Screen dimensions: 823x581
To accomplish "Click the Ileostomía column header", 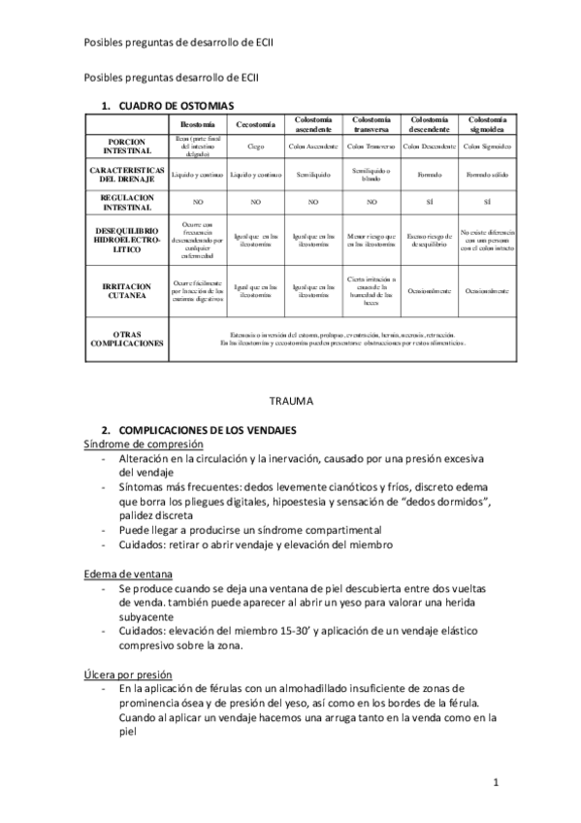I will [197, 125].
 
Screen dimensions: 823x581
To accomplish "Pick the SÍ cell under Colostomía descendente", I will [429, 204].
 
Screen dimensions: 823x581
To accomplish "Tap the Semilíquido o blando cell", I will [371, 175].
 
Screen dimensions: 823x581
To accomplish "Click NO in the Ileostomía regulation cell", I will [197, 204].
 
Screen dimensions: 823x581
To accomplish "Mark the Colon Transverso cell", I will [371, 147].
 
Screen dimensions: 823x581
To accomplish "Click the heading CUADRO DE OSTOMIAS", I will [176, 103].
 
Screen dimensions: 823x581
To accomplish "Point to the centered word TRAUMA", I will [291, 399].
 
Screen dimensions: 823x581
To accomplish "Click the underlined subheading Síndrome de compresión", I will [143, 444].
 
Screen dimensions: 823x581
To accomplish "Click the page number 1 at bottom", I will [495, 782].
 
